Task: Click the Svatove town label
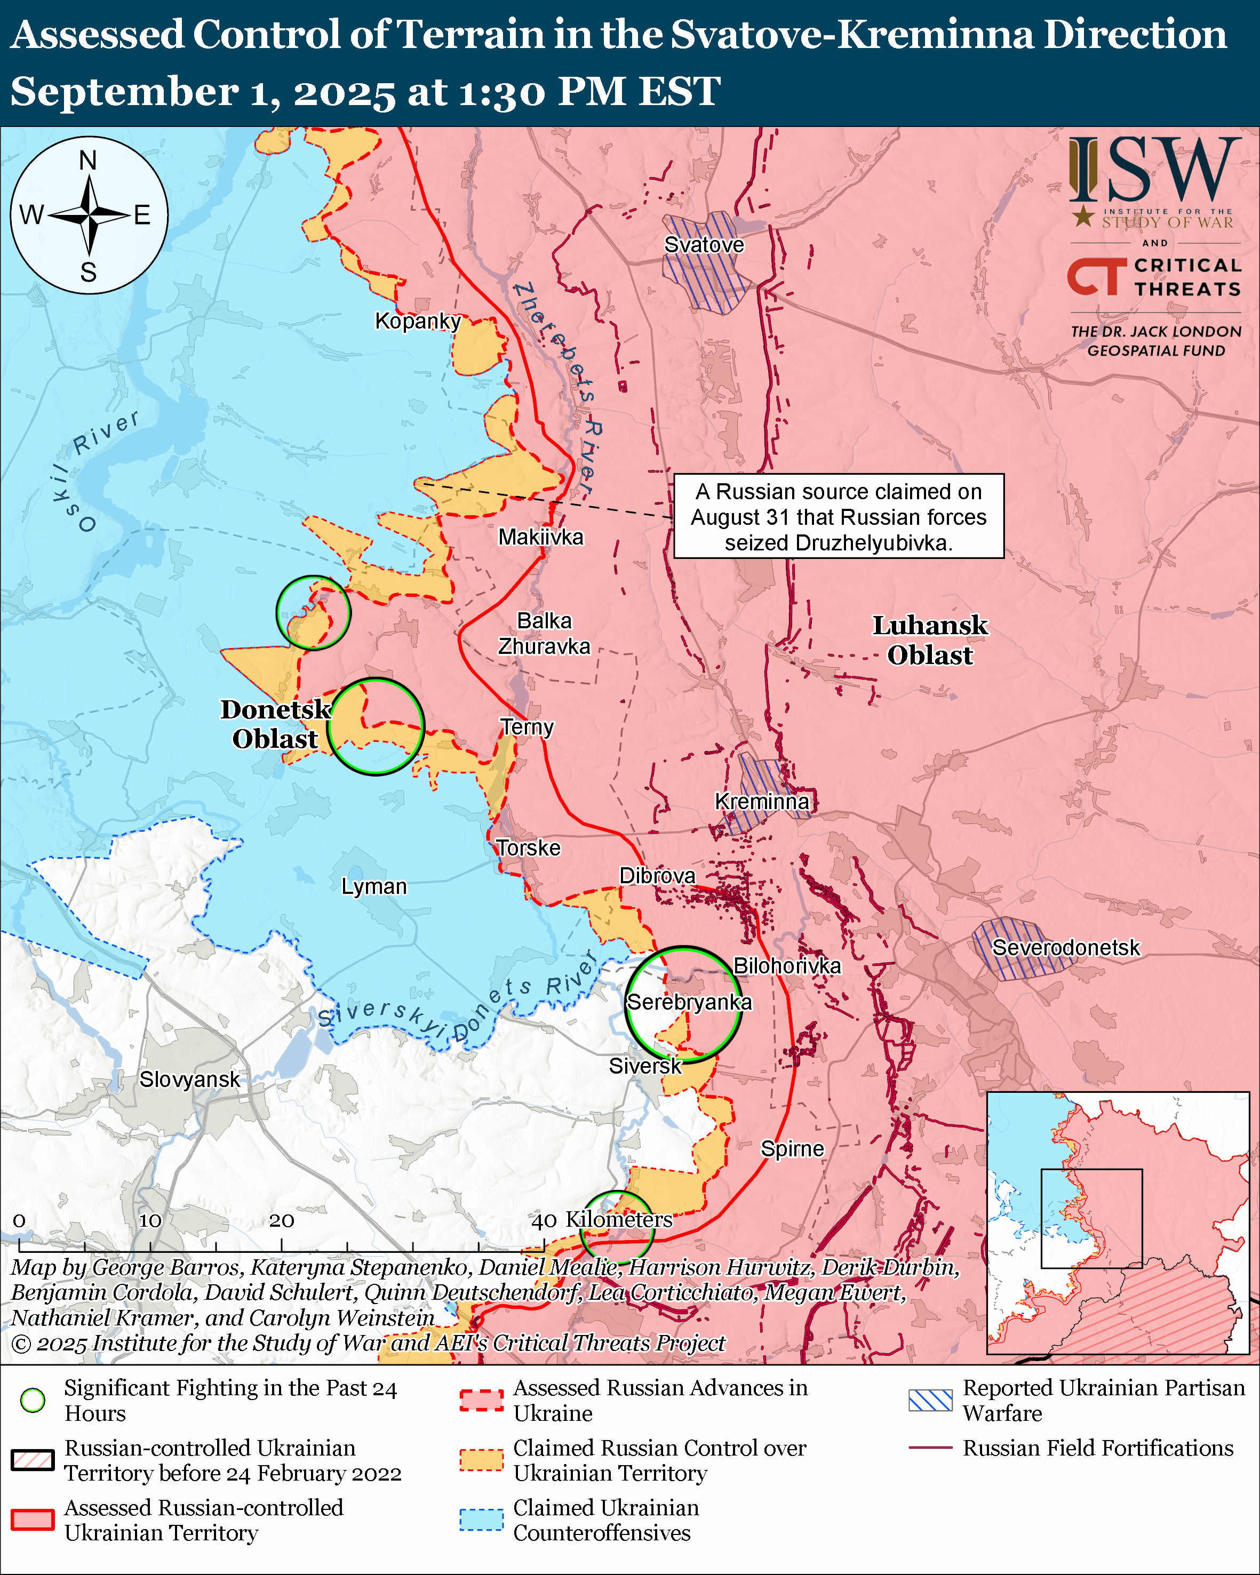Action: (x=704, y=245)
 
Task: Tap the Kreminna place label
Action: (x=761, y=802)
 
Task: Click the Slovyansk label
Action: (x=189, y=1079)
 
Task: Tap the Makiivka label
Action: (x=540, y=537)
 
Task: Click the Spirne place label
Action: (x=792, y=1148)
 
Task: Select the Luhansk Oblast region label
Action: (x=930, y=640)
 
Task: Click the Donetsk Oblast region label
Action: (x=275, y=724)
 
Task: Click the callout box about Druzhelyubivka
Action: (x=838, y=516)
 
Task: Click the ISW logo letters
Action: (x=1154, y=170)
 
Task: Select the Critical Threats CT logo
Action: (x=1096, y=276)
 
